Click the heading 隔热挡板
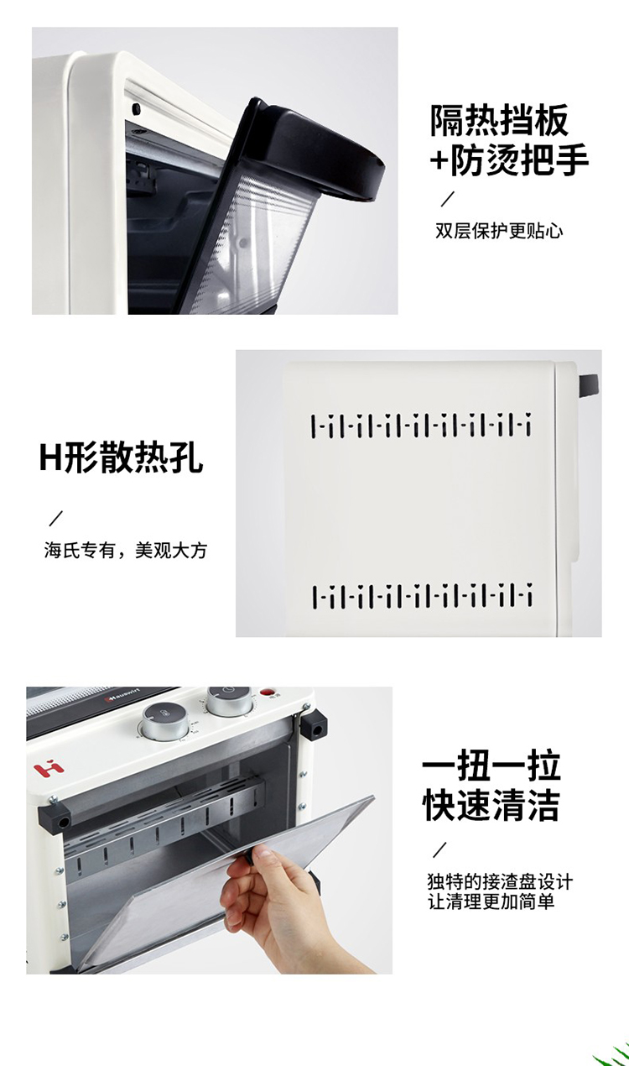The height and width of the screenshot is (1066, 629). click(499, 120)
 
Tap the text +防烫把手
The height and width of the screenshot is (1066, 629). click(509, 159)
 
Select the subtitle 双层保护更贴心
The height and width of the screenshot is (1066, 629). click(499, 231)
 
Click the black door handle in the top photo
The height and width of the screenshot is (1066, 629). click(314, 148)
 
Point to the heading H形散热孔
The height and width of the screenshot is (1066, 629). click(122, 457)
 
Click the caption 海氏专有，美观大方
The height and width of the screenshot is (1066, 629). click(126, 550)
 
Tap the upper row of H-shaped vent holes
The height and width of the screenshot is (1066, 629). click(421, 426)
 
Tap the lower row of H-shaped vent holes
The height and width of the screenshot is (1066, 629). click(422, 596)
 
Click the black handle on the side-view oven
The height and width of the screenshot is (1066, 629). click(589, 384)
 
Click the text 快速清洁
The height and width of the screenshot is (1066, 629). click(491, 805)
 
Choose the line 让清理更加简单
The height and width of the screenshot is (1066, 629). click(491, 901)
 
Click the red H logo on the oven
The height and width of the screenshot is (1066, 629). click(49, 768)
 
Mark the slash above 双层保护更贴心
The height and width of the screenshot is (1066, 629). click(447, 198)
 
